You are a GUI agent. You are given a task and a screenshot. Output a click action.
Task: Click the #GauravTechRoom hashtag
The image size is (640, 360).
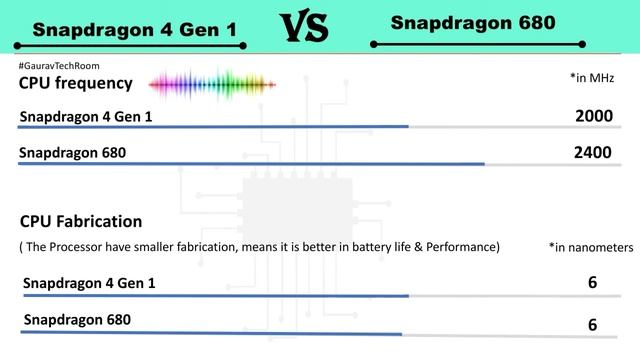click(x=58, y=66)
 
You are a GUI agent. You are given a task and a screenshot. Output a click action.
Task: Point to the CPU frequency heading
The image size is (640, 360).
click(x=75, y=82)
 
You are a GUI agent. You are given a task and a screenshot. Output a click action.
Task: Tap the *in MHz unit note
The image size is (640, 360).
click(x=591, y=77)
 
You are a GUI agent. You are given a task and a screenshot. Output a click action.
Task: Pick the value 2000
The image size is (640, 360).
click(x=593, y=116)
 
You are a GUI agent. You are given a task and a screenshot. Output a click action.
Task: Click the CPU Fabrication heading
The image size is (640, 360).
click(x=81, y=221)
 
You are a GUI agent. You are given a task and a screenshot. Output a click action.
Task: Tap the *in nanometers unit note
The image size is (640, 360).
click(x=591, y=247)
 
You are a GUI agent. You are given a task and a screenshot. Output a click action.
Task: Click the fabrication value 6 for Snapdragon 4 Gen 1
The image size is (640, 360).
click(x=592, y=283)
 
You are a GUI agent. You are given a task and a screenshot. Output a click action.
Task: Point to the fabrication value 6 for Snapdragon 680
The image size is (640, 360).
click(x=592, y=325)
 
